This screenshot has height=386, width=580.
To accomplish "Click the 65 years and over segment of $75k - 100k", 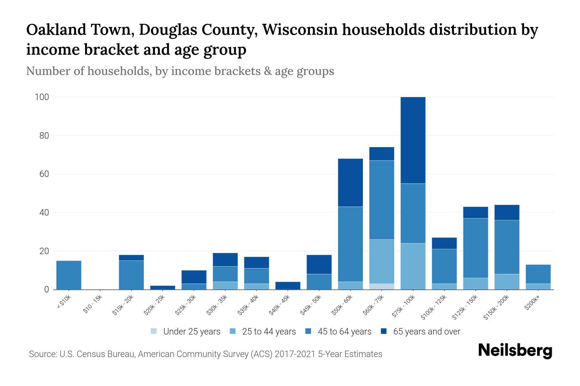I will (x=413, y=140).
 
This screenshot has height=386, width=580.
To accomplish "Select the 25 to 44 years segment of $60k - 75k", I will (x=382, y=261).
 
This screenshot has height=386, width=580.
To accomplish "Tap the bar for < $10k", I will (x=69, y=275).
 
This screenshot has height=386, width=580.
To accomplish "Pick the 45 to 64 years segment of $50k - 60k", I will (x=350, y=244).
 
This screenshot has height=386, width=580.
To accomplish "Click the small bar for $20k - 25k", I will (x=163, y=288).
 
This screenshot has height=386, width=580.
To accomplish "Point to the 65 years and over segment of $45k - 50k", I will (x=319, y=264).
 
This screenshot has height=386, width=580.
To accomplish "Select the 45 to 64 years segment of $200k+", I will (x=538, y=274).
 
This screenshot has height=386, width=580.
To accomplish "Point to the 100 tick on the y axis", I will (x=42, y=97).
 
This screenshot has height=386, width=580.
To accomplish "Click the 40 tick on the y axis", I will (x=44, y=213).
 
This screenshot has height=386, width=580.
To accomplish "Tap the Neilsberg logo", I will (x=515, y=351).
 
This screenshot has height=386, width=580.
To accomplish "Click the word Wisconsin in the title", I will (x=301, y=30).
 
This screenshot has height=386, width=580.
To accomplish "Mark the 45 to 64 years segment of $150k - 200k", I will (x=507, y=247).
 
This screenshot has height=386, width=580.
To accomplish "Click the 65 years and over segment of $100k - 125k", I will (x=444, y=243).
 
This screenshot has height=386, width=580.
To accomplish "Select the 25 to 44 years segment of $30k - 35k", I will (x=225, y=285).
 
